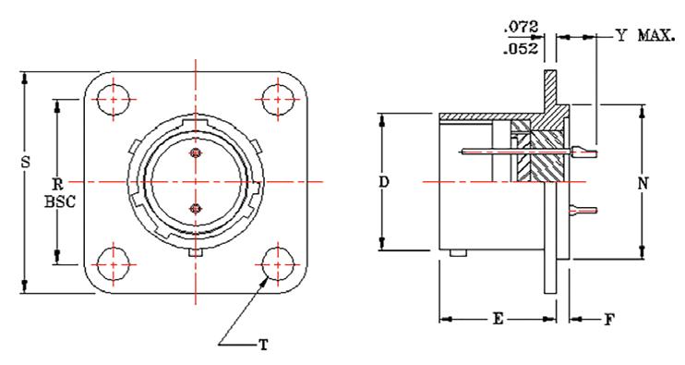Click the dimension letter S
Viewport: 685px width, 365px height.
[x=26, y=163]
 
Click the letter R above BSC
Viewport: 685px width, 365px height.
[x=58, y=183]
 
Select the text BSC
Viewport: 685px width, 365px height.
[x=60, y=201]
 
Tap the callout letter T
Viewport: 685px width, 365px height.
[x=263, y=346]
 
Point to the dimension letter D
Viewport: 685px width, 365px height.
[x=383, y=182]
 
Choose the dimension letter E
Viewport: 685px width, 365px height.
[x=498, y=319]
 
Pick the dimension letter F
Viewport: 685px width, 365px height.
[x=609, y=320]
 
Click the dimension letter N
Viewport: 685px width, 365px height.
[x=643, y=184]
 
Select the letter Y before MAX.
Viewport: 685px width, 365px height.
[x=620, y=35]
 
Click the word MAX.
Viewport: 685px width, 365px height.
[x=656, y=35]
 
